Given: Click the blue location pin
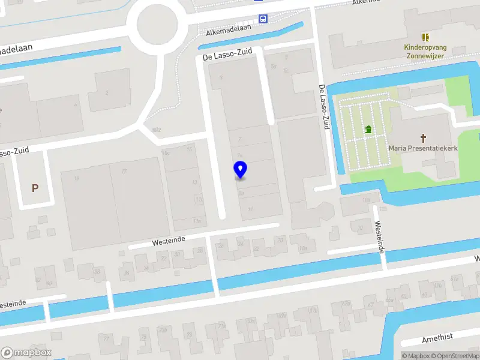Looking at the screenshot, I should tap(240, 169).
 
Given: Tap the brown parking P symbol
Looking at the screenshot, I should tap(35, 188).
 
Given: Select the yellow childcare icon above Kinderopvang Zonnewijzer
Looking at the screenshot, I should tap(425, 37).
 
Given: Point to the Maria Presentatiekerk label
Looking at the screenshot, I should tap(423, 147).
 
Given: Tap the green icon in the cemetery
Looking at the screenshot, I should tap(368, 128).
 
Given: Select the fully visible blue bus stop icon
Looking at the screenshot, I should tap(263, 19).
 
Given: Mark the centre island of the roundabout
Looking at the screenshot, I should tap(158, 25).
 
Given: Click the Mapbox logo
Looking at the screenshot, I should tap(26, 353).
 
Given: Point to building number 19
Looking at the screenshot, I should tap(76, 178).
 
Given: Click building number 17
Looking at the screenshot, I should tap(125, 172).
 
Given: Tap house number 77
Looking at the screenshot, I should tap(107, 338).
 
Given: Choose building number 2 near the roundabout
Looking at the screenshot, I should tap(107, 92).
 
